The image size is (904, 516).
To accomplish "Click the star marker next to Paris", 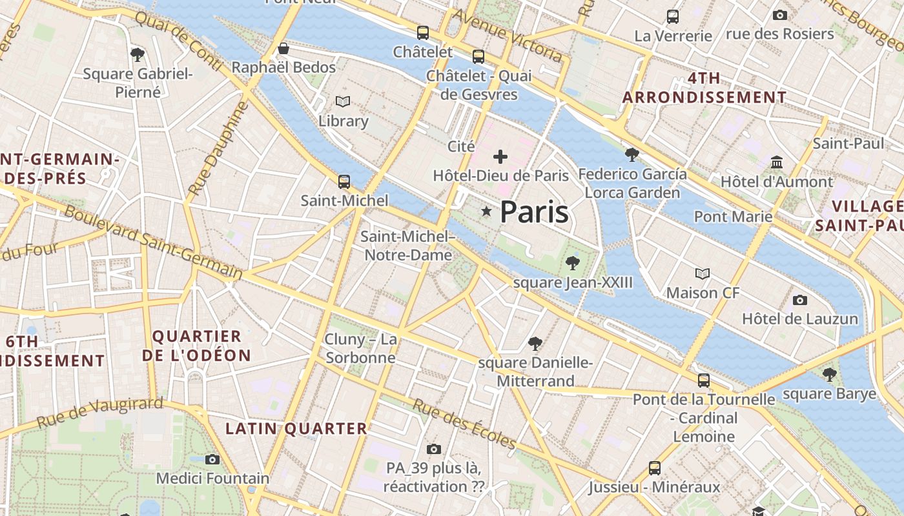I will (486, 212).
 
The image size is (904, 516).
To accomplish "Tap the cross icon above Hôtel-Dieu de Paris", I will (500, 156).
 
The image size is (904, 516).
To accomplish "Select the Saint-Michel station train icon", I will (344, 181).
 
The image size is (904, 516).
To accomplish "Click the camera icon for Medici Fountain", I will (212, 459).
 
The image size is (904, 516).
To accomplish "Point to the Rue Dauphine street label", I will (220, 149).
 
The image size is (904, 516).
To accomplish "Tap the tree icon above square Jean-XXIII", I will (571, 263).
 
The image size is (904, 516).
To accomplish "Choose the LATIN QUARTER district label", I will (296, 428).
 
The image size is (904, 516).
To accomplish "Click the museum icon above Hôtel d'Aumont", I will (777, 162).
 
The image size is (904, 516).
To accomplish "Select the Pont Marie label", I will (733, 216).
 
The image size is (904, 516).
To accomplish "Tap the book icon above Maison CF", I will (703, 273).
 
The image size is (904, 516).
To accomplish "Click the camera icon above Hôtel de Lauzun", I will (800, 300).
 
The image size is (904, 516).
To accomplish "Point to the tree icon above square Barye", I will (829, 373).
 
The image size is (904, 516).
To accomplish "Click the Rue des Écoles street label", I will (464, 424).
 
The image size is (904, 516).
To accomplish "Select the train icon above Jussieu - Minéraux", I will (655, 468).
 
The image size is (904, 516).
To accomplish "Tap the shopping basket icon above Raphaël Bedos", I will (283, 48).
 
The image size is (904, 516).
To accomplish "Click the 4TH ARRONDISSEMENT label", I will (704, 88).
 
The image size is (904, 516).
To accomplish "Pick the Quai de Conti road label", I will (179, 42).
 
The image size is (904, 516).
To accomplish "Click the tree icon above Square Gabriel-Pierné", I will (137, 54).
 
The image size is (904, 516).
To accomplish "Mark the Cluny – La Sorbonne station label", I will (360, 348).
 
